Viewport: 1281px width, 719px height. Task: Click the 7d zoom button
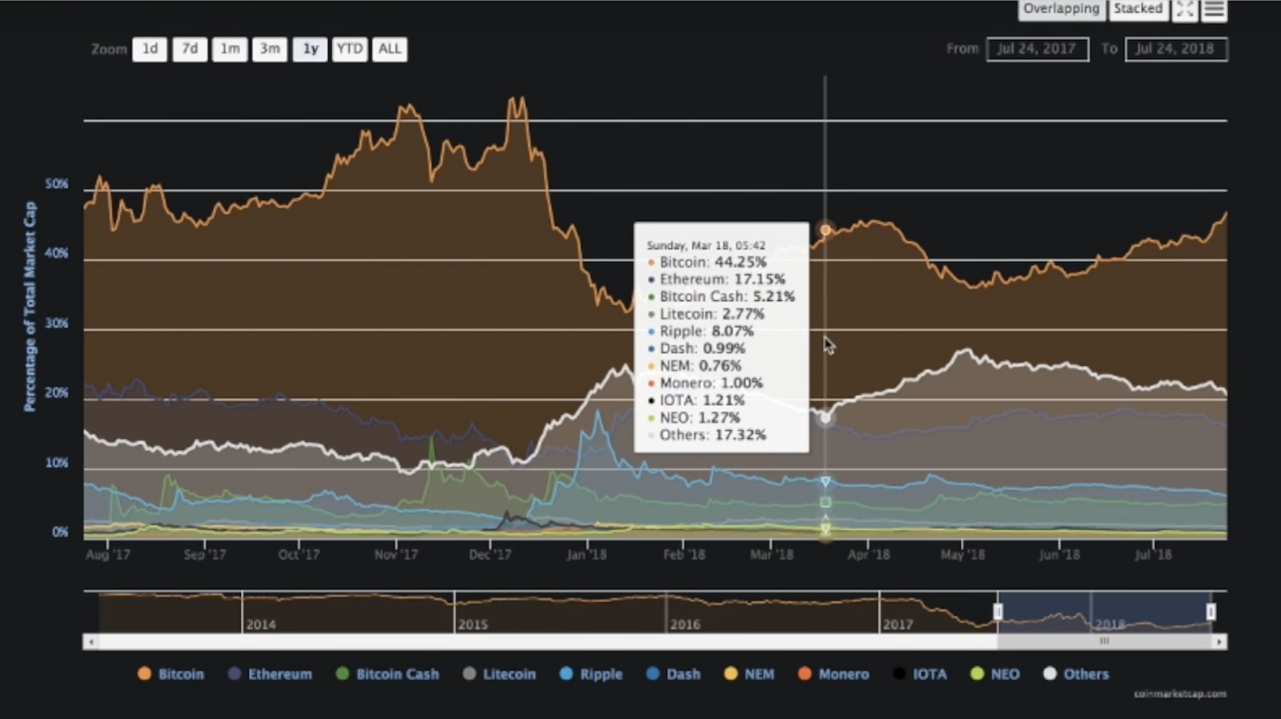[190, 49]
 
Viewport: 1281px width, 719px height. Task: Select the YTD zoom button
[349, 49]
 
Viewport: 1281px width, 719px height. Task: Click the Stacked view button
[1137, 9]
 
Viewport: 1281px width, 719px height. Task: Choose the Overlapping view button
[1061, 9]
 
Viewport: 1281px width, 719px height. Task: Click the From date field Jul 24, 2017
[1037, 49]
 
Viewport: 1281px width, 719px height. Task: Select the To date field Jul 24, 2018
[1175, 49]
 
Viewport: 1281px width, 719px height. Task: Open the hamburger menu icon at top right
[1214, 10]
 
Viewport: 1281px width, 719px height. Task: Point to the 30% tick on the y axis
[56, 323]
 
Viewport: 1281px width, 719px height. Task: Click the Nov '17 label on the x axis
[396, 554]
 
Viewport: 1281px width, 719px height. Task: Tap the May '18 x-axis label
[962, 554]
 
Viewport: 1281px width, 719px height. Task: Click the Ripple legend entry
[592, 674]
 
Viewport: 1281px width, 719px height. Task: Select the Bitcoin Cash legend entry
[388, 674]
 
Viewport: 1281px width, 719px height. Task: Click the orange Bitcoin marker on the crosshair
[825, 231]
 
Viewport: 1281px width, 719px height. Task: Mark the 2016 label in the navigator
[685, 624]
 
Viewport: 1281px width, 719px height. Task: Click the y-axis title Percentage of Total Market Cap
[30, 307]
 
